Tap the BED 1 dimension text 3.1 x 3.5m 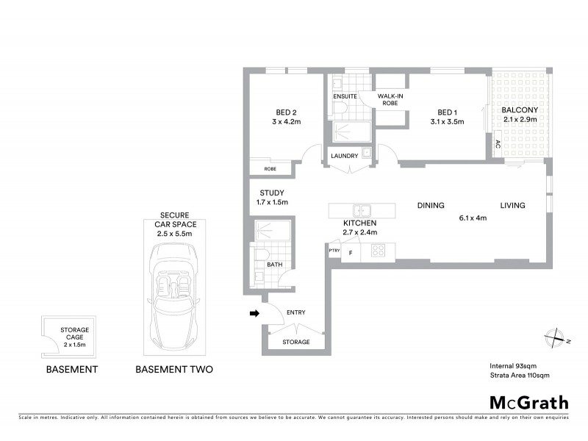[x=448, y=122]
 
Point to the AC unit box [x=498, y=144]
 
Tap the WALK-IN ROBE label [x=390, y=100]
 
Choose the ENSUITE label [x=345, y=96]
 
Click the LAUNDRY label [x=344, y=156]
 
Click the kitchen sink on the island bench [x=360, y=209]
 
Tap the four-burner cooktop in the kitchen [x=379, y=250]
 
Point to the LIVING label [x=513, y=206]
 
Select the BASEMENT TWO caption [x=174, y=370]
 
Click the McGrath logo [x=529, y=402]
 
